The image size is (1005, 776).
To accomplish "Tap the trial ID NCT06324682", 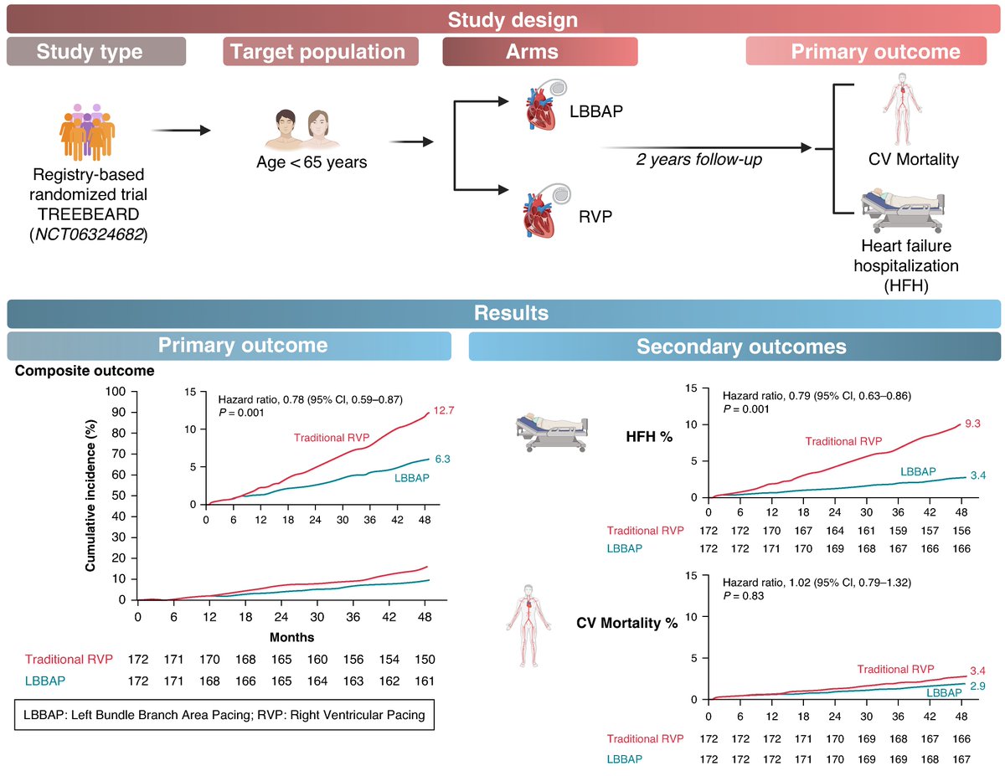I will [89, 234].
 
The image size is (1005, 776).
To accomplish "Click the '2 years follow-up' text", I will [698, 158].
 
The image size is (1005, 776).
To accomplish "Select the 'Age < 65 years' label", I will [312, 162].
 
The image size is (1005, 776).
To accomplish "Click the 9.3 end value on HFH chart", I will [972, 424].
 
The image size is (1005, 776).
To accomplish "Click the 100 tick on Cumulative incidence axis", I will [116, 392].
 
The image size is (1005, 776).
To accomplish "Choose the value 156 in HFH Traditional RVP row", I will [962, 530].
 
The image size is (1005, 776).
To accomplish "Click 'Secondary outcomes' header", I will [741, 346].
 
